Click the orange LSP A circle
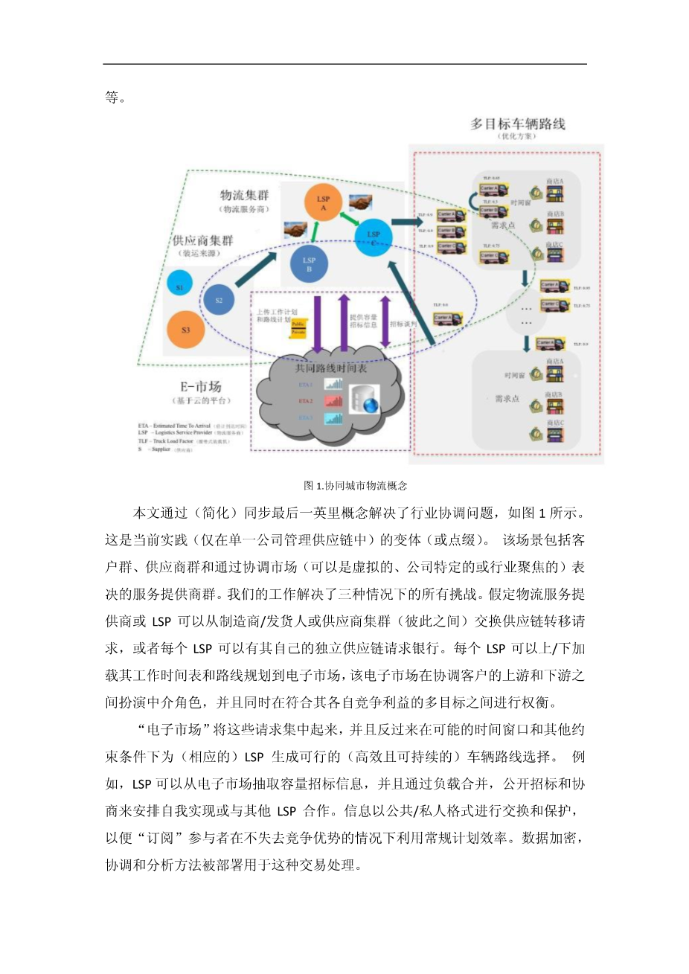tap(323, 202)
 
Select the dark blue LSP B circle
tap(309, 263)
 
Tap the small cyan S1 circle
tap(180, 286)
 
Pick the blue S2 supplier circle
tap(219, 301)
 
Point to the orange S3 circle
tap(185, 330)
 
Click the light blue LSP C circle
tap(374, 237)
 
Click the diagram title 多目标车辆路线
tap(518, 124)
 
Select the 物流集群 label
tap(244, 195)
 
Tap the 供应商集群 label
tap(202, 240)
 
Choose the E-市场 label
tap(200, 386)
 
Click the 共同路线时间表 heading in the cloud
tap(330, 368)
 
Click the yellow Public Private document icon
tap(298, 328)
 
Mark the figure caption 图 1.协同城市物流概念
tap(356, 486)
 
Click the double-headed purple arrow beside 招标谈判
tap(385, 321)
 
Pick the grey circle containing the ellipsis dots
tap(526, 315)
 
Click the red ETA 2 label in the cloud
tap(305, 401)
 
